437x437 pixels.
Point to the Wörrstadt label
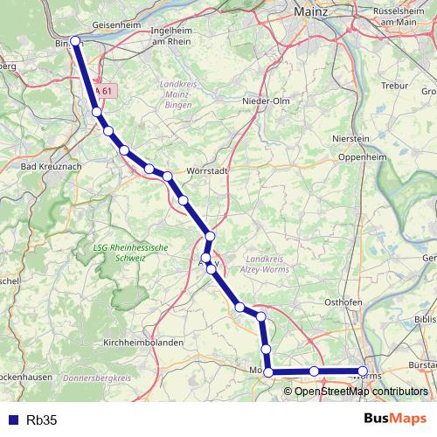coord(207,171)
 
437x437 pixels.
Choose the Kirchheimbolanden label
coord(142,343)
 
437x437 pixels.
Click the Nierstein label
coord(352,139)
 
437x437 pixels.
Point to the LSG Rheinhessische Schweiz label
coord(130,253)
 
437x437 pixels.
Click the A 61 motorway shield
coord(104,90)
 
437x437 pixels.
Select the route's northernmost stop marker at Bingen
coord(75,40)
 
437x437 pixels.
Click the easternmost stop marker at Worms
coord(364,372)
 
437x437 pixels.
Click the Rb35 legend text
coord(42,420)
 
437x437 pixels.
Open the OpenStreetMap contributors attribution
coord(361,392)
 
